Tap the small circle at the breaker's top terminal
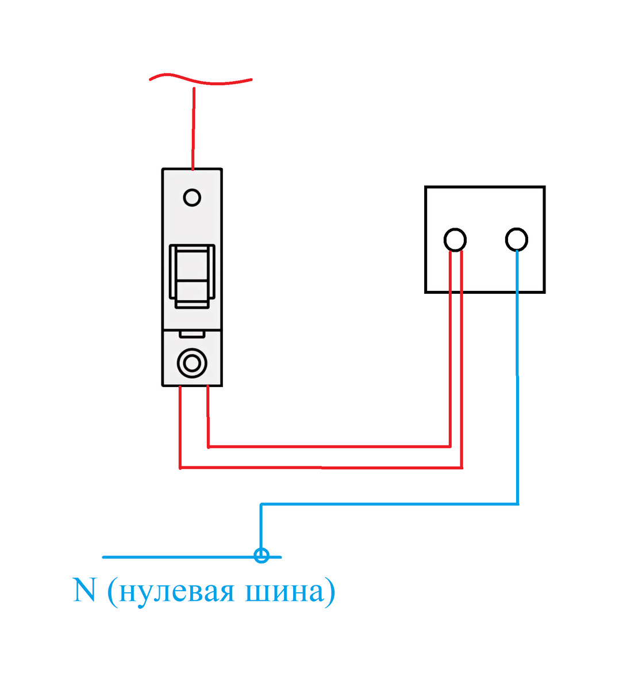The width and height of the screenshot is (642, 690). click(192, 198)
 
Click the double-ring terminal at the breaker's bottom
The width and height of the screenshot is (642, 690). click(192, 363)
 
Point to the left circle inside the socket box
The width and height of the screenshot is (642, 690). click(455, 239)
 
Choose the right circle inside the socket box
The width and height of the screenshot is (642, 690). click(516, 239)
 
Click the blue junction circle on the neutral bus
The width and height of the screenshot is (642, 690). click(262, 556)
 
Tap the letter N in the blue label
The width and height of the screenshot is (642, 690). click(84, 591)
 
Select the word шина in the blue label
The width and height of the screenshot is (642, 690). click(284, 592)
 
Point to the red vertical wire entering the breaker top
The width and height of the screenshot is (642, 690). click(193, 129)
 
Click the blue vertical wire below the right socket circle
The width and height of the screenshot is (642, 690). click(517, 374)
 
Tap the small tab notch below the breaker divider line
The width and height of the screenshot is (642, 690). click(192, 333)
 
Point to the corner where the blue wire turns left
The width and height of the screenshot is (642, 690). click(517, 504)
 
